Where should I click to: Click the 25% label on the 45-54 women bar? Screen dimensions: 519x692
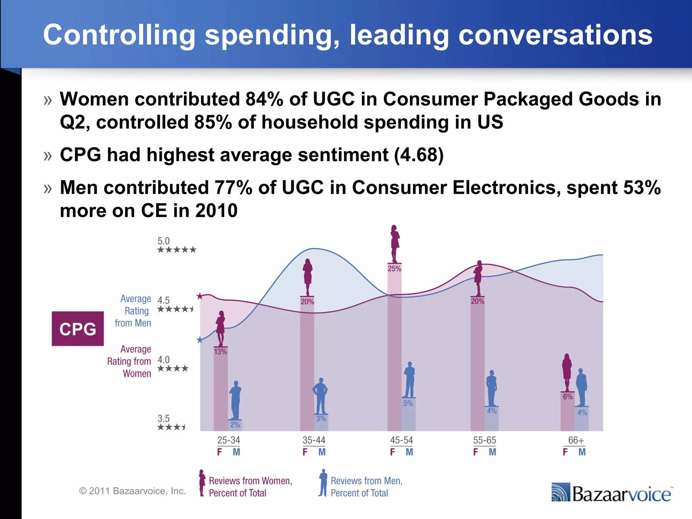394,269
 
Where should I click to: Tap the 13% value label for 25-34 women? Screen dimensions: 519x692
220,352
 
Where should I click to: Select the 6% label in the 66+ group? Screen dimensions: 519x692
568,397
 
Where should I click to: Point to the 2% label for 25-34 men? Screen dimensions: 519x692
235,425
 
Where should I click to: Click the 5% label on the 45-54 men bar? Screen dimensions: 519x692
408,403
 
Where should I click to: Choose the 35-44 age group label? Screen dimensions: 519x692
314,440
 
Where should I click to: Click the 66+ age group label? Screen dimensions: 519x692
576,440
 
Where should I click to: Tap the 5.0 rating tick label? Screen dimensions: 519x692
164,241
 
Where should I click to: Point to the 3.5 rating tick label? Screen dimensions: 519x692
164,419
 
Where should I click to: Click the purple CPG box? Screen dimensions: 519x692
78,329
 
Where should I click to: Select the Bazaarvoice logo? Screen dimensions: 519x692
612,493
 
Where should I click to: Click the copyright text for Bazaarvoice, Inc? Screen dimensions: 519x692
132,491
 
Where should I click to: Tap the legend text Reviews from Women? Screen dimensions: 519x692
250,481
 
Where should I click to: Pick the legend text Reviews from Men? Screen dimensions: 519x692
367,481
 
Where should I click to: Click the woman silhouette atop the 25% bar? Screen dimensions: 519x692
395,243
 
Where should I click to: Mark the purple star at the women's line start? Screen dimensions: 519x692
200,296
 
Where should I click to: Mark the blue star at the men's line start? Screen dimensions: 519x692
200,340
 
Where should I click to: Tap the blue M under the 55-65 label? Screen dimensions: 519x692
492,452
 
